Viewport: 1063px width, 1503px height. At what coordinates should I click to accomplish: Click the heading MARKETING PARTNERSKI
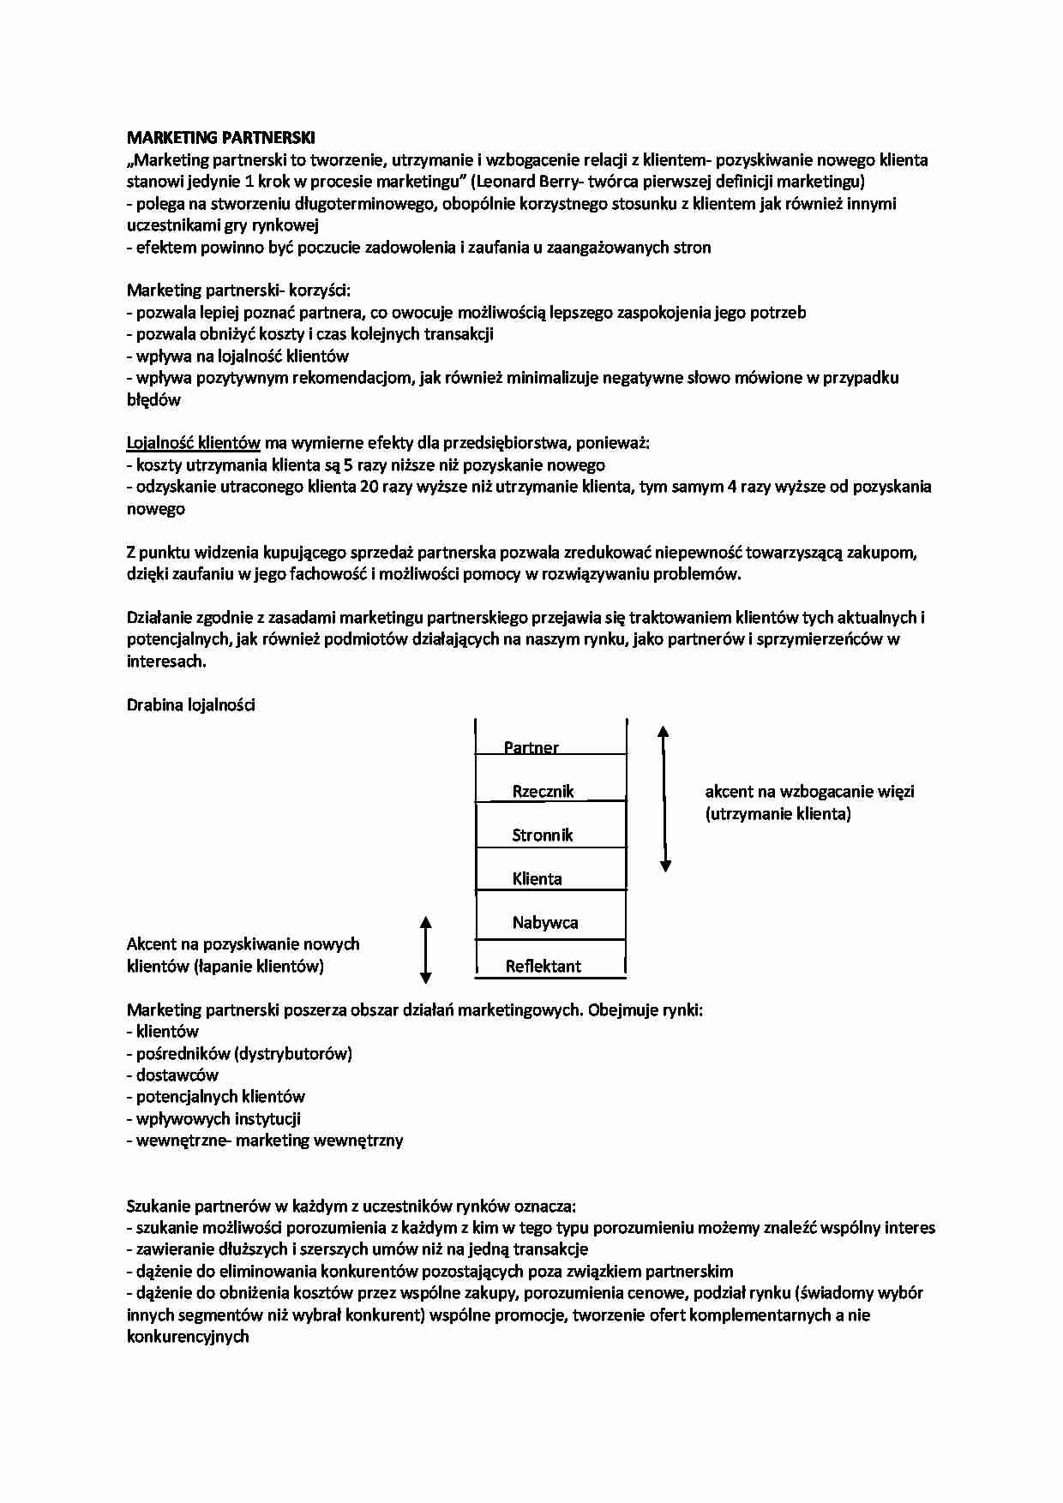click(220, 138)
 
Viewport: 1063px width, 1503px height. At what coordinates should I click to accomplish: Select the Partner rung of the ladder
click(531, 747)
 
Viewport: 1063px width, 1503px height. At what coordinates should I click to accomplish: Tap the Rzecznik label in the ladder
click(543, 791)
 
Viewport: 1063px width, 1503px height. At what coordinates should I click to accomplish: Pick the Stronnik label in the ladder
click(542, 835)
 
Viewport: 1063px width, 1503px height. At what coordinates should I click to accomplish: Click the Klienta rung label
click(537, 878)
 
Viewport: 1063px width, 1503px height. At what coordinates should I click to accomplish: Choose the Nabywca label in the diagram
click(545, 923)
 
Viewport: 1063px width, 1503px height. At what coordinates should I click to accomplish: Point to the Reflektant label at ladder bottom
click(543, 967)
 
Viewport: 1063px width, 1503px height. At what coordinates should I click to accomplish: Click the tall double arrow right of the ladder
click(664, 798)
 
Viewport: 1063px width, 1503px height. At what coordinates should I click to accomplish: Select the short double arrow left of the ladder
click(425, 949)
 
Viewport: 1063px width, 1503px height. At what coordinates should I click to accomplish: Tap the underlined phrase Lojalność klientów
click(194, 443)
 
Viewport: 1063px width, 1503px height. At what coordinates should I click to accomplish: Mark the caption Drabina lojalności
click(190, 705)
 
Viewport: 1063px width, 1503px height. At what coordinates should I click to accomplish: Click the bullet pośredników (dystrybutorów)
click(244, 1053)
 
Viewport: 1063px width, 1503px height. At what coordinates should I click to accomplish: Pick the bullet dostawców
click(177, 1075)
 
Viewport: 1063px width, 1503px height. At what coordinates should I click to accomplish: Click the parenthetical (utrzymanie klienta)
click(778, 814)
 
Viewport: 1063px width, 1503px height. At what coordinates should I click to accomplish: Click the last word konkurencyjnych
click(188, 1337)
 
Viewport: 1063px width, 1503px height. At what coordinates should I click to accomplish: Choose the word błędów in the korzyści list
click(153, 400)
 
